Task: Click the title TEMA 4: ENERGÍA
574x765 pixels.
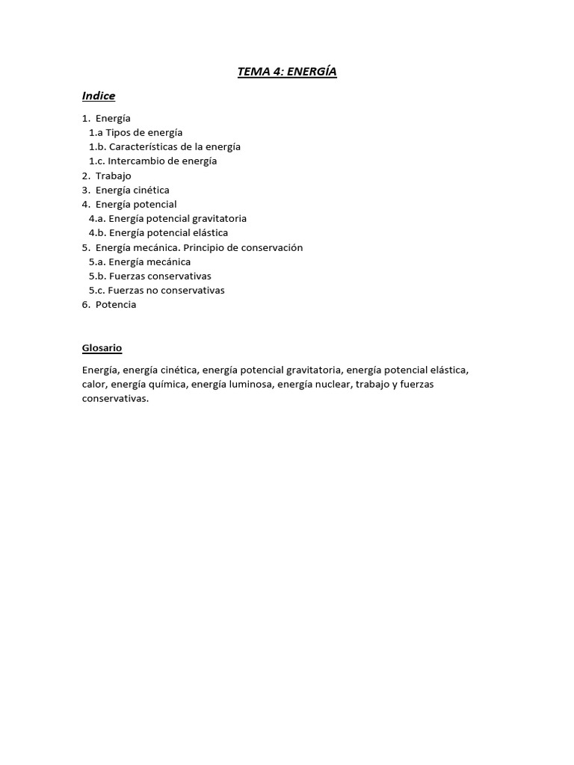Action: pyautogui.click(x=287, y=72)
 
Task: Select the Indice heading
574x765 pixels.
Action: pyautogui.click(x=99, y=96)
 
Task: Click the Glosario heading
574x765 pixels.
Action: pyautogui.click(x=102, y=348)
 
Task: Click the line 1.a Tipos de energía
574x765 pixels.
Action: pyautogui.click(x=135, y=132)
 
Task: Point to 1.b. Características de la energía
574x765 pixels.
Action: pyautogui.click(x=164, y=146)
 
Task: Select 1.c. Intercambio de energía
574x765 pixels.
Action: pyautogui.click(x=152, y=161)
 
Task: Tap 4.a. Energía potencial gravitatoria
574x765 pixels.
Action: pyautogui.click(x=167, y=218)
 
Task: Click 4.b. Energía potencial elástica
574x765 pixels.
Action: pyautogui.click(x=158, y=233)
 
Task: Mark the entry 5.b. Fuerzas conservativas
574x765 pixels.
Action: pyautogui.click(x=149, y=276)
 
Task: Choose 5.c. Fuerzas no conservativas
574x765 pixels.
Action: pyautogui.click(x=156, y=290)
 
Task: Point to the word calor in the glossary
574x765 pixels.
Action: pyautogui.click(x=94, y=384)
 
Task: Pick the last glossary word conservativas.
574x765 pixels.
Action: pyautogui.click(x=115, y=398)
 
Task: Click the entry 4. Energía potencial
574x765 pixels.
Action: pyautogui.click(x=129, y=204)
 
